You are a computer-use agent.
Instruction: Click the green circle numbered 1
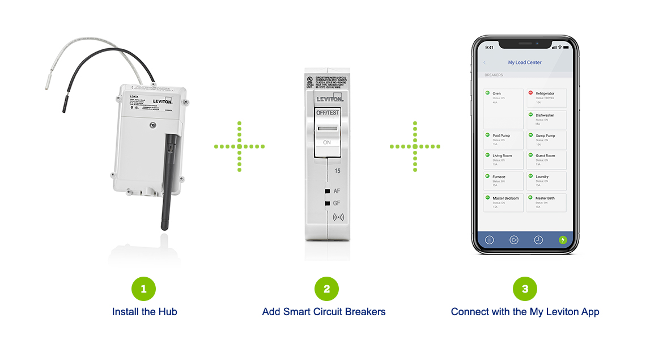[143, 289]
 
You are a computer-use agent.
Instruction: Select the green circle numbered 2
[326, 289]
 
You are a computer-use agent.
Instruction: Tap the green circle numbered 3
[525, 289]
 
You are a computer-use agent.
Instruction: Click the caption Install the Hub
[144, 312]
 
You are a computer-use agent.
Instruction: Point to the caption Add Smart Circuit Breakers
[324, 312]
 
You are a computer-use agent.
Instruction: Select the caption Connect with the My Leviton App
[525, 312]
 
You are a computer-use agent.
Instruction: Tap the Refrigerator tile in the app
[546, 98]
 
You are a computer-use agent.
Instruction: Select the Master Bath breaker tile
[546, 202]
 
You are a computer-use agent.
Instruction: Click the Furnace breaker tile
[503, 181]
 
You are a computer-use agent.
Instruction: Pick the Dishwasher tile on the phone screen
[546, 119]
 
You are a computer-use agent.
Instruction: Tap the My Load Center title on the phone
[525, 62]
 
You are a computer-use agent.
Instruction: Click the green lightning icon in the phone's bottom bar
[562, 240]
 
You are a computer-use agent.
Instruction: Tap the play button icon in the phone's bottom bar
[514, 240]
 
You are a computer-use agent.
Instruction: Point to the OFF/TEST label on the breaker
[326, 113]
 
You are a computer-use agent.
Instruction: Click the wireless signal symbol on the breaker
[338, 217]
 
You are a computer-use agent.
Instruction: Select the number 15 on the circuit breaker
[337, 171]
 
